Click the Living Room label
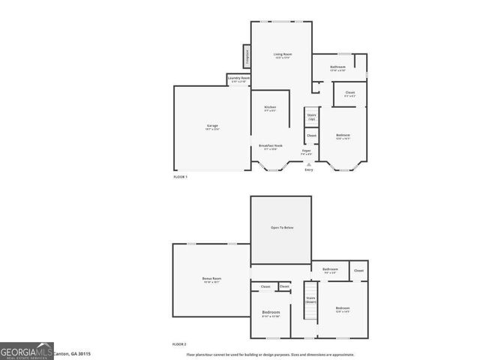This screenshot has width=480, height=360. (x=282, y=55)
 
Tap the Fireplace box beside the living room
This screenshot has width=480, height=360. (x=245, y=57)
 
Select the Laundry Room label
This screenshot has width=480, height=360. (x=239, y=79)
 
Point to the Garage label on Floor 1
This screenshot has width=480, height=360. (x=212, y=126)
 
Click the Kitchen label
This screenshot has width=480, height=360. (x=270, y=108)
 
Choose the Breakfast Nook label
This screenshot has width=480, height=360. (x=270, y=145)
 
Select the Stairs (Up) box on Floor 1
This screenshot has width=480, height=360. (x=311, y=117)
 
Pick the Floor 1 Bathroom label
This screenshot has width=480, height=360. (x=337, y=67)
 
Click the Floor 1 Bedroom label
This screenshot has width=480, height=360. (x=343, y=136)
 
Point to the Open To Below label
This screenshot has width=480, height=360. (x=280, y=227)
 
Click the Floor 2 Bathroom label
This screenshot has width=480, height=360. (x=330, y=270)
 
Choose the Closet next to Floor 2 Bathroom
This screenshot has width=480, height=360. (x=358, y=270)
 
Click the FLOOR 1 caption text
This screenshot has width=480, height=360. (x=180, y=176)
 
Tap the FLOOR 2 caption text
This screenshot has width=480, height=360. (x=179, y=343)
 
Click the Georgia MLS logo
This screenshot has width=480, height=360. (x=27, y=350)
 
